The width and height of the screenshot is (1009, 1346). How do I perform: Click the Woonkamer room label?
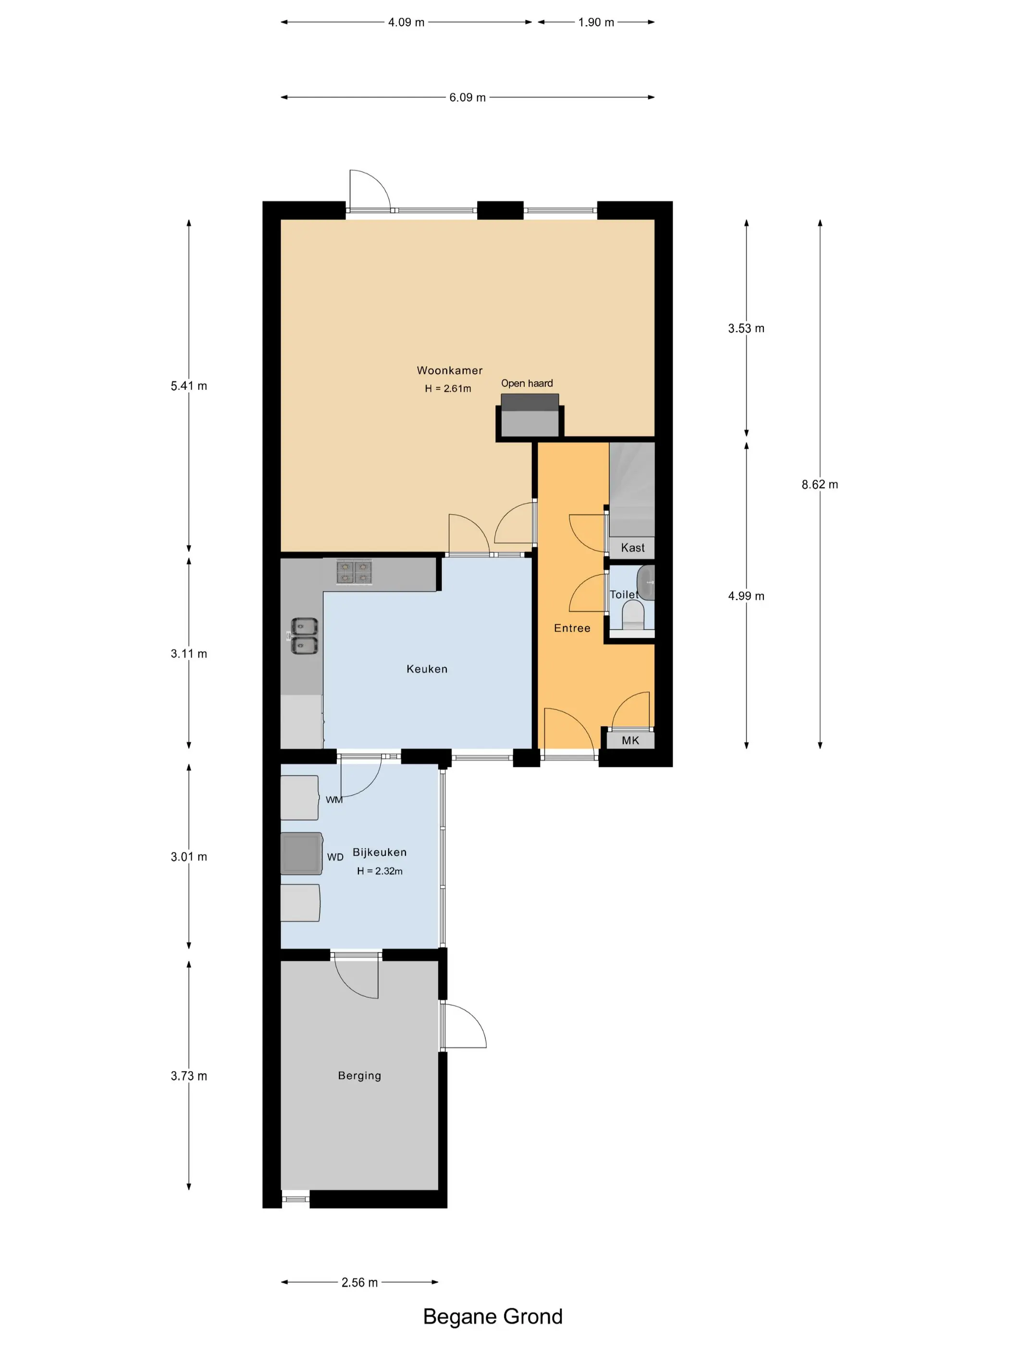449,370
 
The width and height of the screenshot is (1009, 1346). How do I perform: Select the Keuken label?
427,669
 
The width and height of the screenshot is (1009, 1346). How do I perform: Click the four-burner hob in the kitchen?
355,572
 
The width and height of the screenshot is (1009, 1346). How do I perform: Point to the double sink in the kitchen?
304,636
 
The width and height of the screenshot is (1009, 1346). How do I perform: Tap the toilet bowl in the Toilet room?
634,614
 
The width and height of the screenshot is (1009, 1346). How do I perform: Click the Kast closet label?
632,548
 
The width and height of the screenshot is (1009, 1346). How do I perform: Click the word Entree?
572,628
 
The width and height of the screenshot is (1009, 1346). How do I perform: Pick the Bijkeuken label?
380,852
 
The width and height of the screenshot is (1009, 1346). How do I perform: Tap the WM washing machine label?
334,799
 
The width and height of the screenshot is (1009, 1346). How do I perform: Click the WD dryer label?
335,857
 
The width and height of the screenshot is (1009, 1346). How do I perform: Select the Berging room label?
359,1075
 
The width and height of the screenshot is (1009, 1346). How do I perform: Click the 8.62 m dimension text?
819,485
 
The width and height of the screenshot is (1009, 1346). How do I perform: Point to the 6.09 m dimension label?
468,98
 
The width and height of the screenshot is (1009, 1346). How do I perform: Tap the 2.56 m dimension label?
359,1282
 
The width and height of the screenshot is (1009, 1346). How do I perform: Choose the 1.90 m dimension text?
596,23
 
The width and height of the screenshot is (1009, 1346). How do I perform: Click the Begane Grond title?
492,1317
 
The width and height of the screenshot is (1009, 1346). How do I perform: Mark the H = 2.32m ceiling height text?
380,871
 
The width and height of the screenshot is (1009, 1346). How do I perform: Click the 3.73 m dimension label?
188,1076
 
